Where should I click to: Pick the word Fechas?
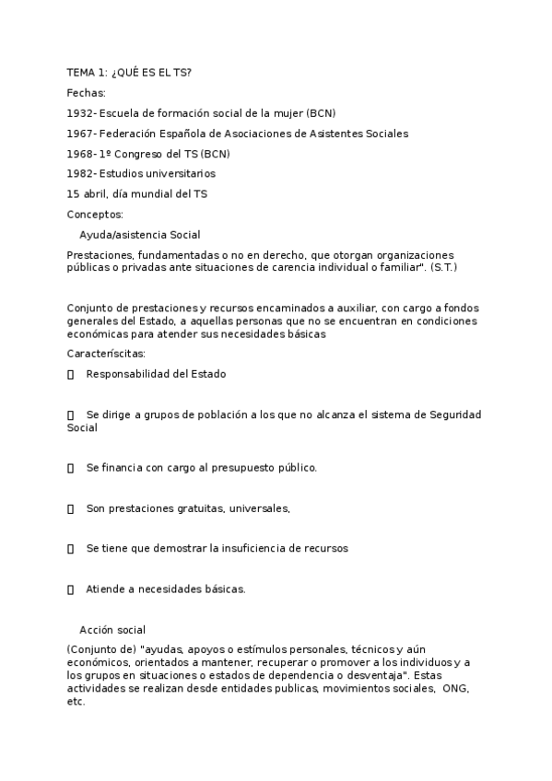(87, 93)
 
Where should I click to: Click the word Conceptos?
(95, 215)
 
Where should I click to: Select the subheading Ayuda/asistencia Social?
(140, 235)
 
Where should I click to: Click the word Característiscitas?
(106, 354)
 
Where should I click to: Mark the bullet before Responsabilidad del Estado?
(71, 375)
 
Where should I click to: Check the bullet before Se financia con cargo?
(71, 468)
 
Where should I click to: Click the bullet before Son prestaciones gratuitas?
(71, 508)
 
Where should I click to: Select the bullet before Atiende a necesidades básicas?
(71, 589)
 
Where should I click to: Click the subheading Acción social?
(112, 630)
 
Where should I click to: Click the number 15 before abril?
(74, 194)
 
